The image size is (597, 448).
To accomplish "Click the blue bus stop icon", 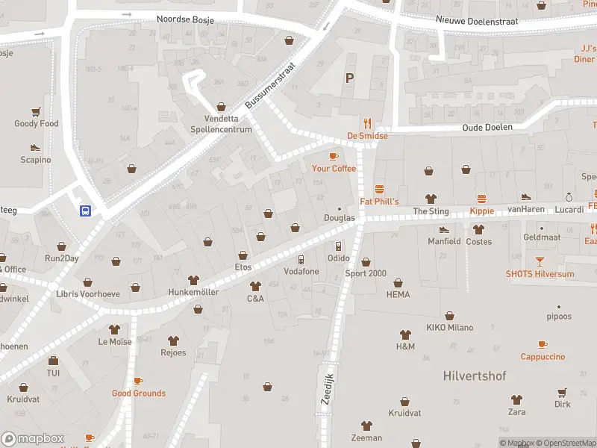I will [x=85, y=211].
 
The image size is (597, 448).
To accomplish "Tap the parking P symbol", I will [x=348, y=78].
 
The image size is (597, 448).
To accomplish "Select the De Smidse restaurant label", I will [x=367, y=136].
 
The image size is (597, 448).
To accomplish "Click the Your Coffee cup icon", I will [x=334, y=156].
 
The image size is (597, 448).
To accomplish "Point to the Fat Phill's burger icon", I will [x=379, y=189].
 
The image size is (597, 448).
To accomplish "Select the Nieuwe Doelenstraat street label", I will [x=477, y=20].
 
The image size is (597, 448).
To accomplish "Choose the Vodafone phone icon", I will [x=301, y=259].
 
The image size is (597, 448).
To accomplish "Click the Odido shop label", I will [x=338, y=258].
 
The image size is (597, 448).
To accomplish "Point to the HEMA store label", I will [x=398, y=295].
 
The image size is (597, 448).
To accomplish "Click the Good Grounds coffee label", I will [x=139, y=393].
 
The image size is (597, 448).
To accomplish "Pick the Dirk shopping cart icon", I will [x=562, y=392].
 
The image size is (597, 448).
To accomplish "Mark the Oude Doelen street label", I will [x=487, y=127].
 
